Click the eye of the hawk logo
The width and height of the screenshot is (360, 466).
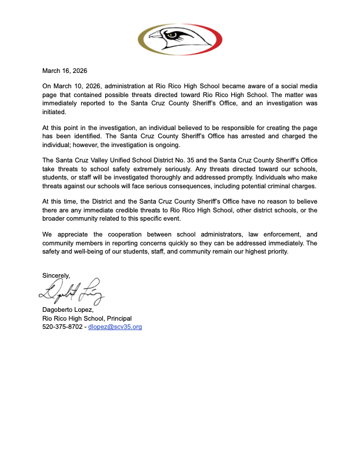(x=171, y=34)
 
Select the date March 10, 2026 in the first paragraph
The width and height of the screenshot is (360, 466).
(x=78, y=86)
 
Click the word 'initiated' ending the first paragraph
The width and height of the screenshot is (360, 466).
(x=55, y=111)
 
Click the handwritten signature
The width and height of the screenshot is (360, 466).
(x=71, y=289)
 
